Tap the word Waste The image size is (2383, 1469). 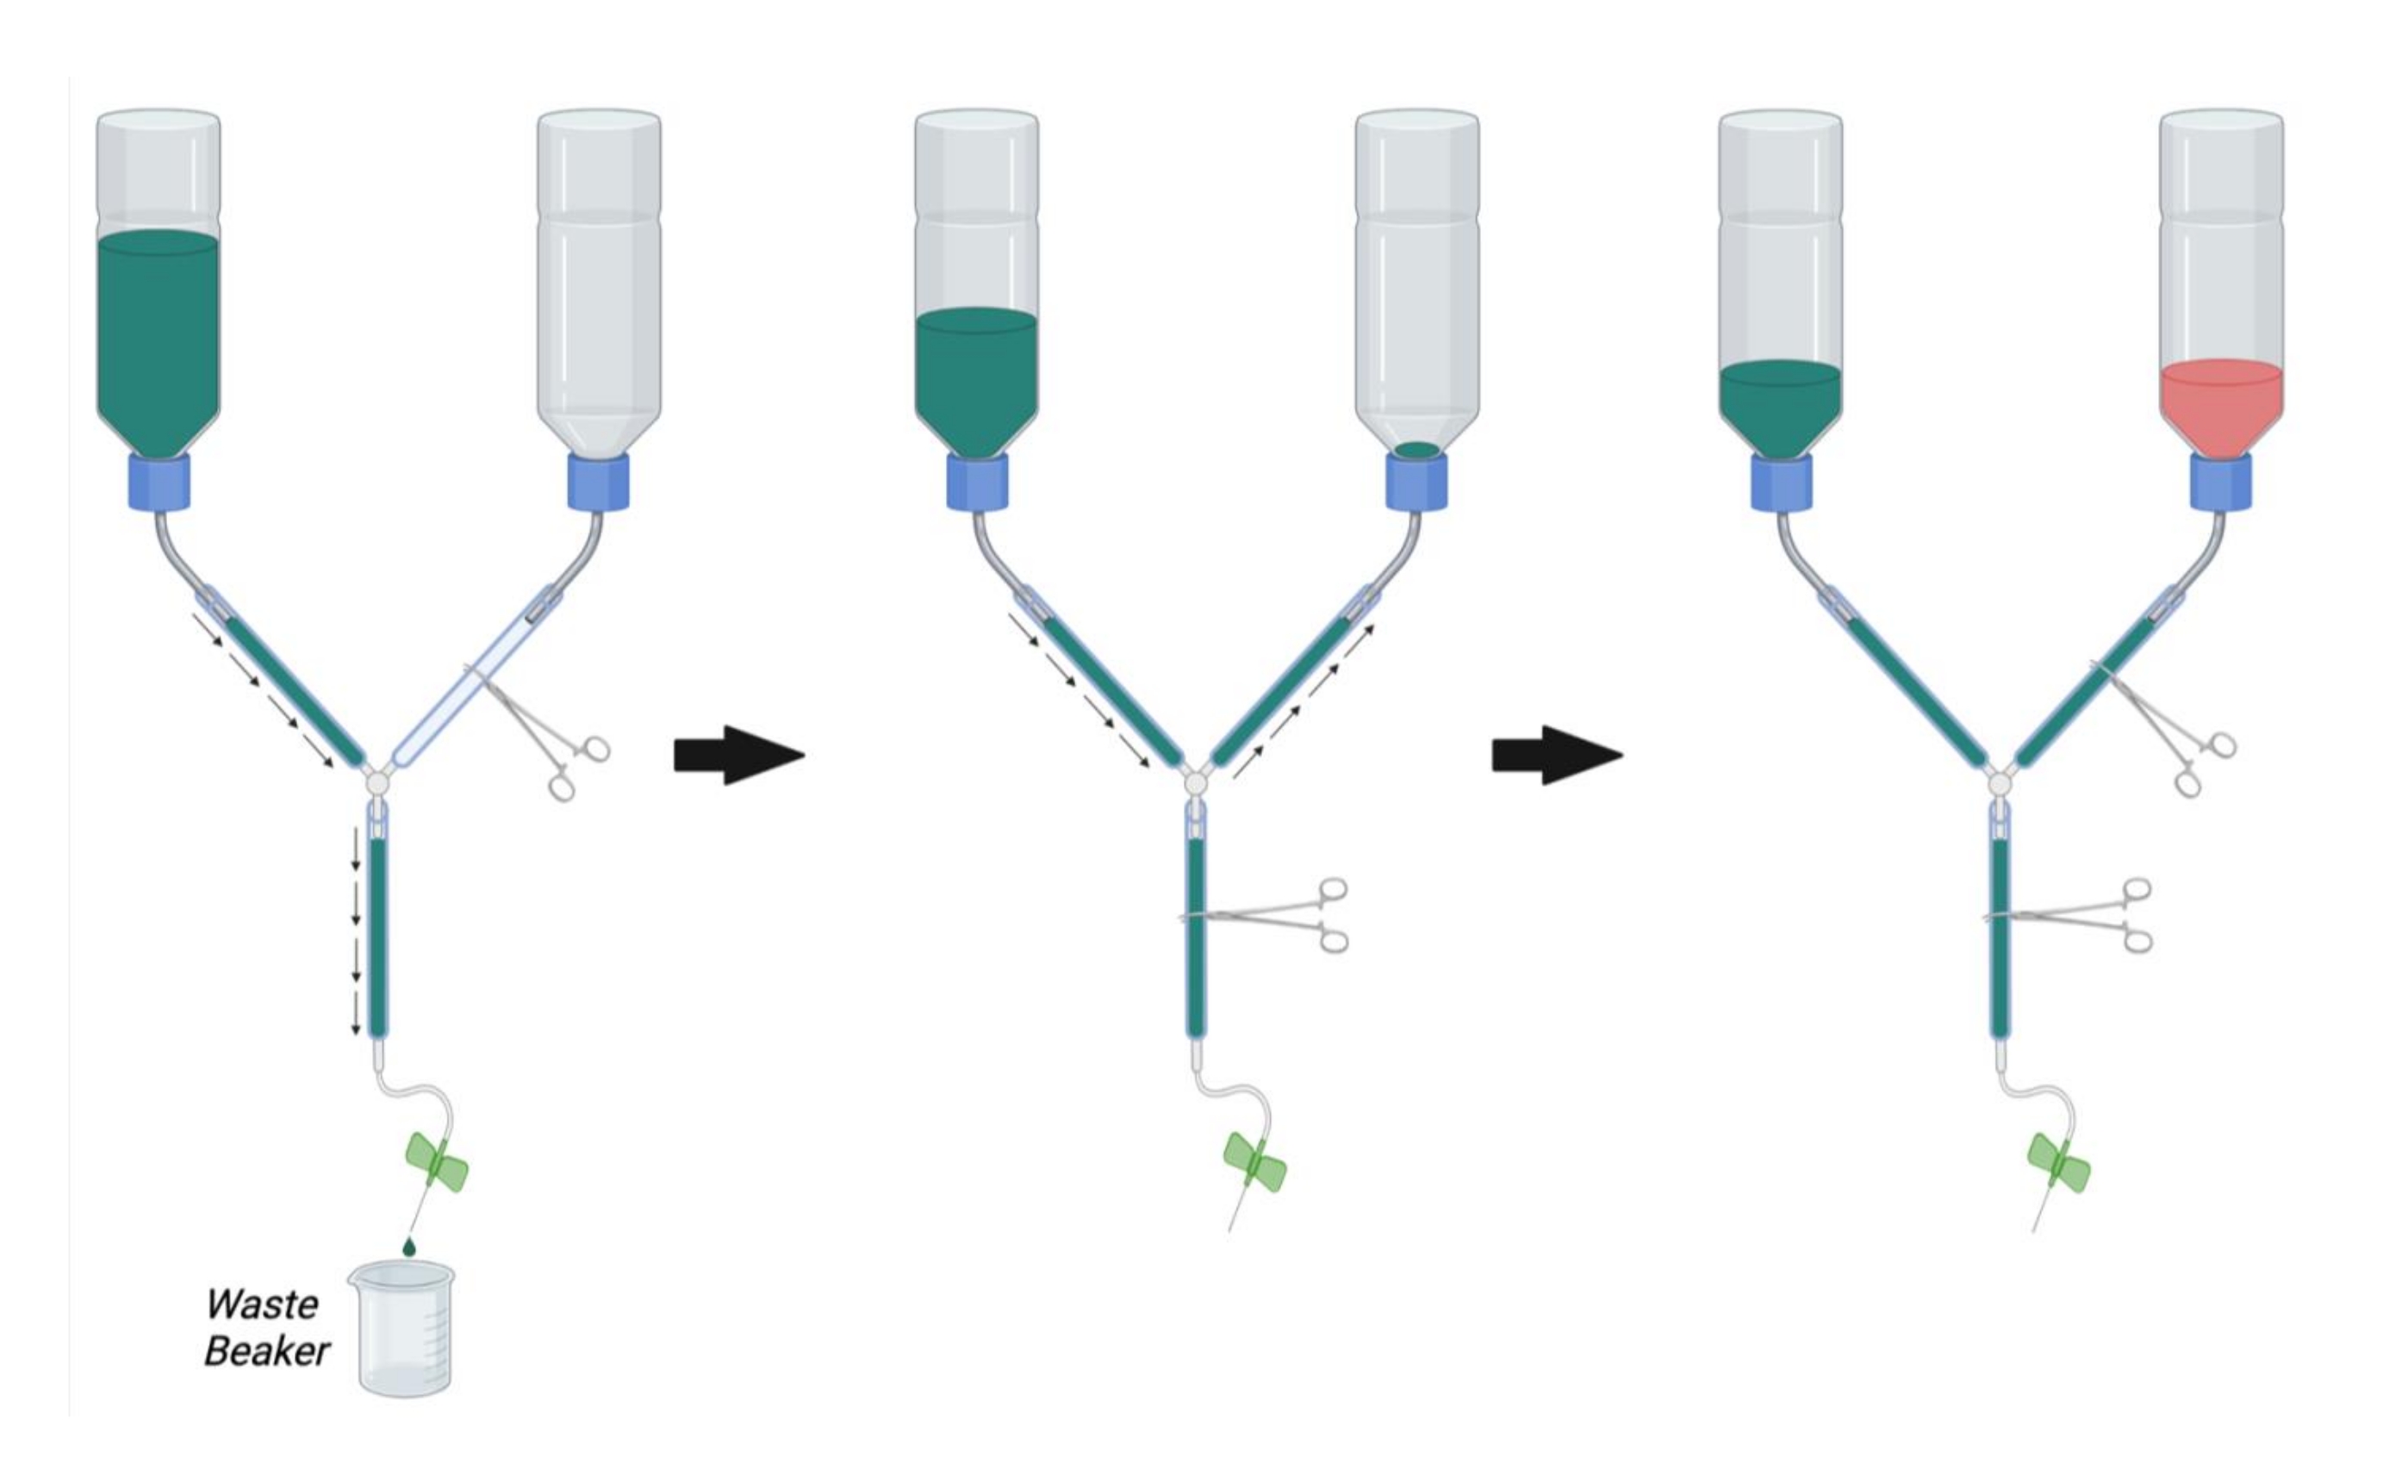[x=261, y=1304]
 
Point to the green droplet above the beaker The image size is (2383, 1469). [x=409, y=1245]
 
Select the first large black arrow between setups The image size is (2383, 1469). [x=738, y=755]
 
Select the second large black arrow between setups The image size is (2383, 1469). [x=1556, y=755]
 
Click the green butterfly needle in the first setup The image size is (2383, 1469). [x=436, y=1162]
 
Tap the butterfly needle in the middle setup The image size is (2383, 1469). [x=1254, y=1162]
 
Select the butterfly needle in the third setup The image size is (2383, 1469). [x=2058, y=1162]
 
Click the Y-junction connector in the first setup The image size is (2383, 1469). [x=377, y=782]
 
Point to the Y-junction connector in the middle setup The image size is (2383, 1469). [x=1196, y=782]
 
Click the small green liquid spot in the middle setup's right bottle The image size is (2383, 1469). [x=1416, y=450]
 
